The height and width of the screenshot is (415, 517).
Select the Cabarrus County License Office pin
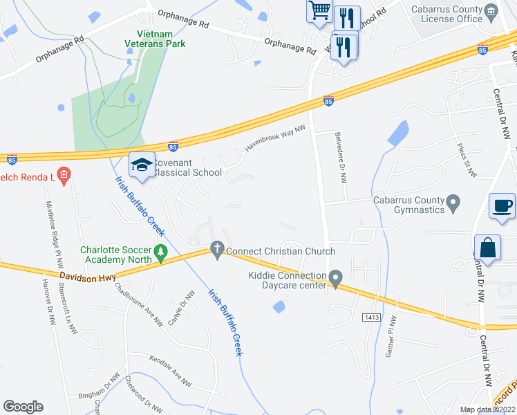pyautogui.click(x=491, y=10)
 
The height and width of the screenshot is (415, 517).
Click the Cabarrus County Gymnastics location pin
pyautogui.click(x=453, y=204)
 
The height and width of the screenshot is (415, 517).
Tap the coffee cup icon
pyautogui.click(x=502, y=206)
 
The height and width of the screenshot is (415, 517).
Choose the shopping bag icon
pyautogui.click(x=487, y=248)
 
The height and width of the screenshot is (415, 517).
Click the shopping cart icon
pyautogui.click(x=319, y=11)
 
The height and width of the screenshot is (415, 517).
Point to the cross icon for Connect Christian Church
pyautogui.click(x=217, y=250)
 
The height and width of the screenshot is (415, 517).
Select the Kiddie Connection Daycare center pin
pyautogui.click(x=336, y=278)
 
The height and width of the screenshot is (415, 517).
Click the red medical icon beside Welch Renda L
pyautogui.click(x=64, y=175)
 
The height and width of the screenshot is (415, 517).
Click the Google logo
pyautogui.click(x=23, y=406)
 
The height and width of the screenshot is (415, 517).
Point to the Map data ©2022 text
pyautogui.click(x=487, y=409)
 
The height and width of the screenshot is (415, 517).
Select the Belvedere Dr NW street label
pyautogui.click(x=340, y=157)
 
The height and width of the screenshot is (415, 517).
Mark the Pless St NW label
pyautogui.click(x=468, y=159)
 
